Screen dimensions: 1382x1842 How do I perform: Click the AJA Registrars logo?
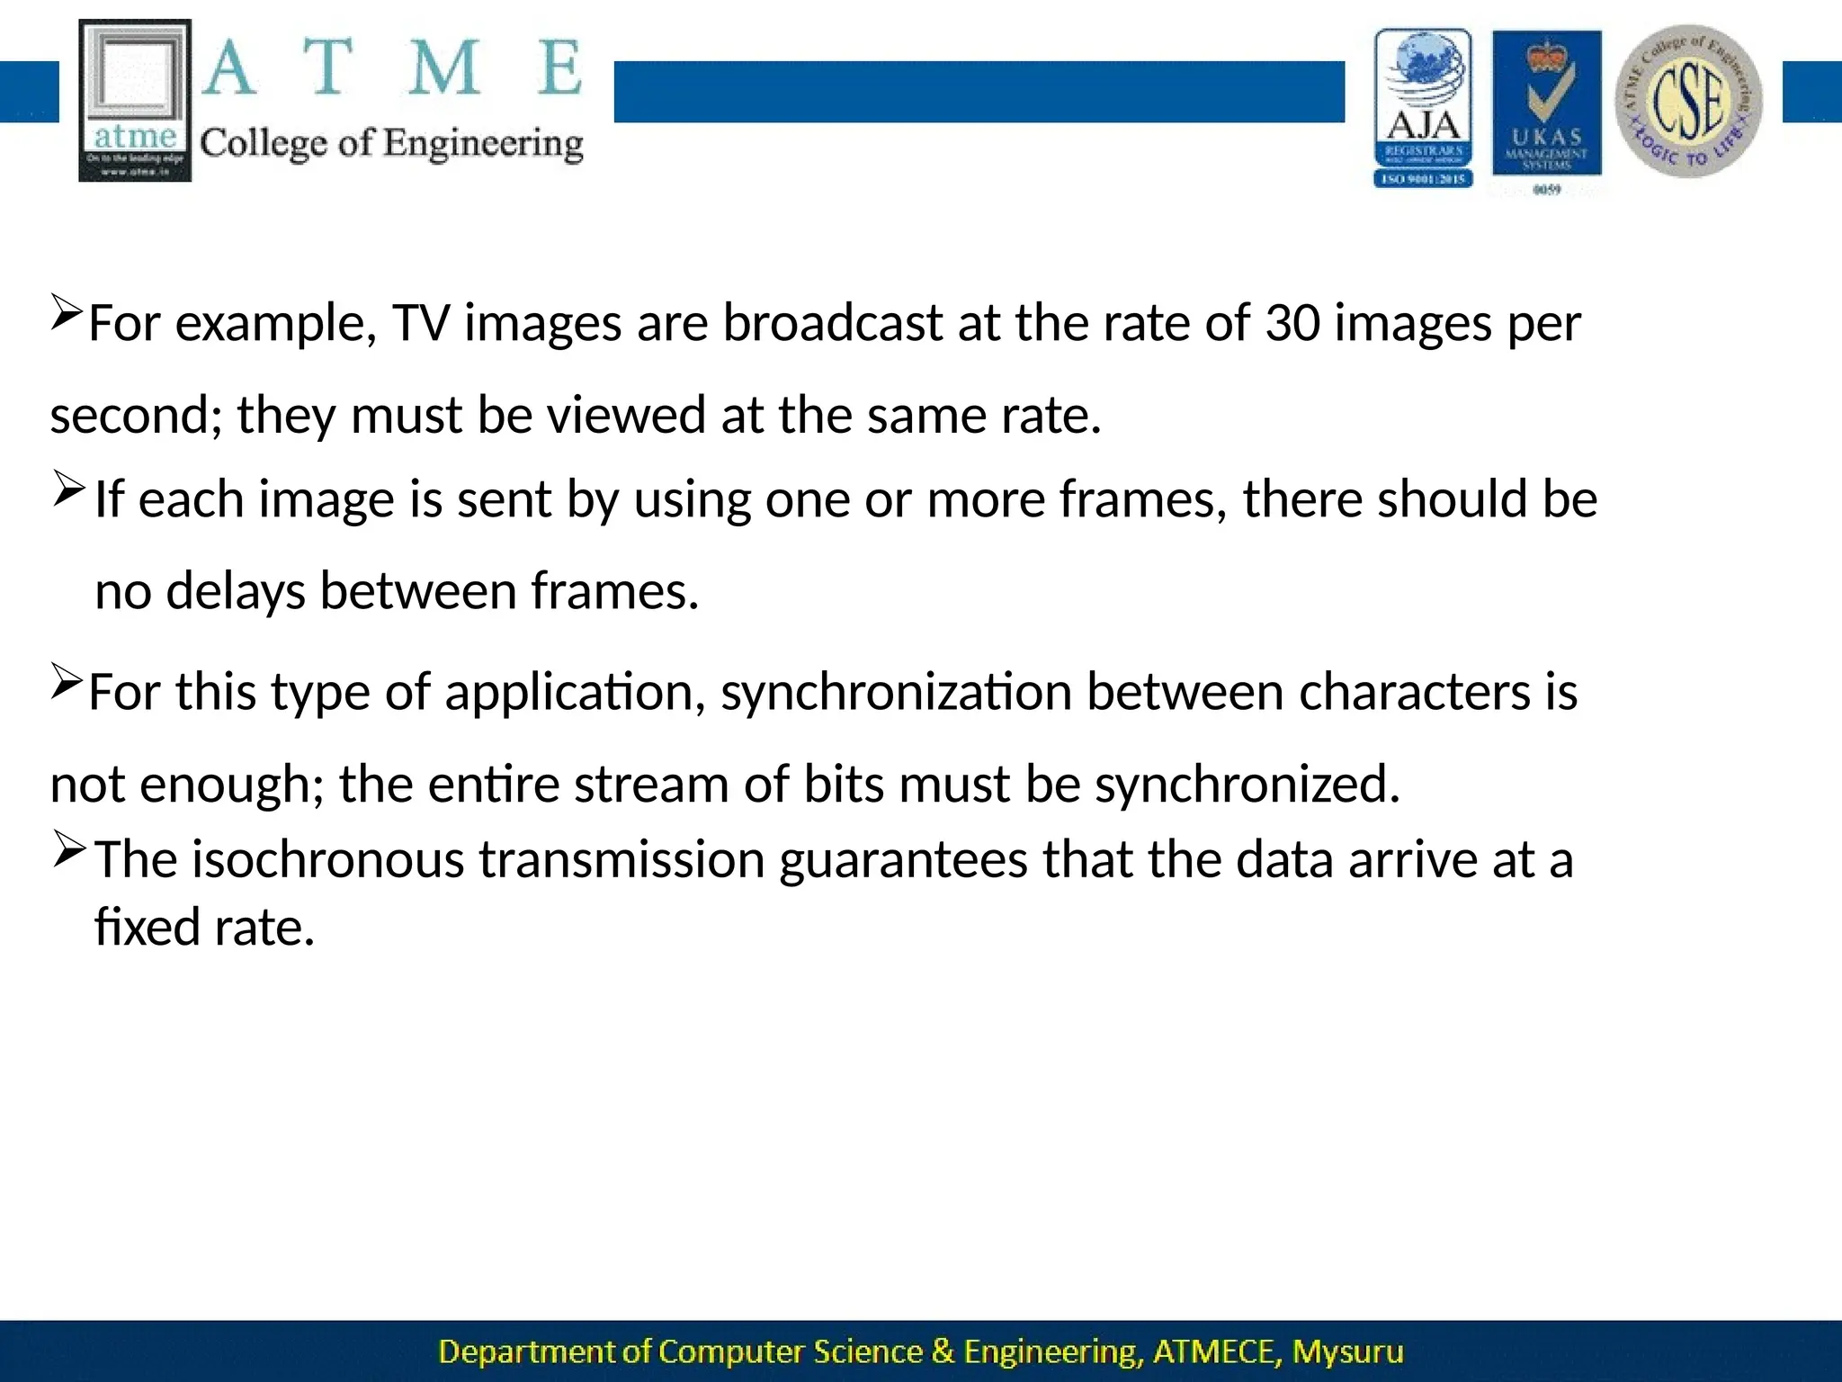coord(1423,108)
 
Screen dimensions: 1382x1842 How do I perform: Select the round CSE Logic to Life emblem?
coord(1688,101)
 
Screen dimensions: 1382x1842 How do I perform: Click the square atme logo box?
coord(135,101)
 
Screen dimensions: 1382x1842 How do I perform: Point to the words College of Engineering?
coord(391,144)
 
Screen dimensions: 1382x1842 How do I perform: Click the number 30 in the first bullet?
coord(1292,323)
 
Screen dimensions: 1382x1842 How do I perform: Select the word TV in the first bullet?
coord(420,323)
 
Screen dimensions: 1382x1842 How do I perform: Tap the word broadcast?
coord(832,323)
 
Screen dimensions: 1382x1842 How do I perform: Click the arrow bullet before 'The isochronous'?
coord(68,848)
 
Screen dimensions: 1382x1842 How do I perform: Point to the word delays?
coord(236,592)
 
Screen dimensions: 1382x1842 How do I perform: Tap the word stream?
coord(650,785)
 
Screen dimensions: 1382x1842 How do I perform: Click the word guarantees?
coord(902,860)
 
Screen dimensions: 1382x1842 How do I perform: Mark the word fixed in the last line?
coord(147,928)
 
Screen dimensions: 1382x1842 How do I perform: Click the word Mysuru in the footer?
coord(1347,1352)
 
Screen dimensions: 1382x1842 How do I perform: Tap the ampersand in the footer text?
coord(943,1352)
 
